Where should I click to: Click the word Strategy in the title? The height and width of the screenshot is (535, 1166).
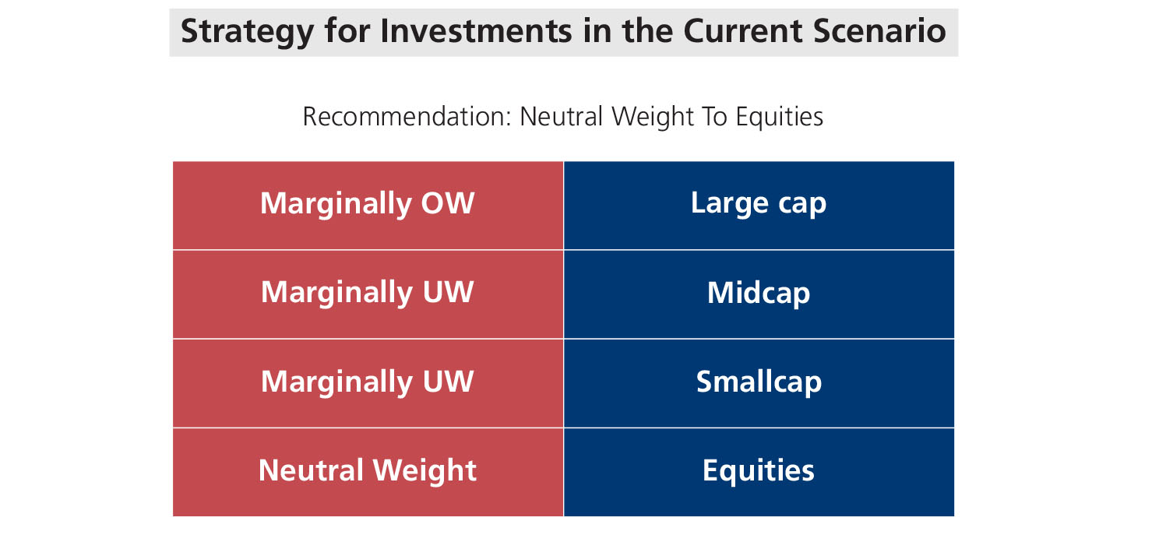click(x=247, y=32)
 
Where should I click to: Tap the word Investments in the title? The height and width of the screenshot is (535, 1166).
click(x=476, y=30)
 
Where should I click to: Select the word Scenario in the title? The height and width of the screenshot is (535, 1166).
click(x=879, y=30)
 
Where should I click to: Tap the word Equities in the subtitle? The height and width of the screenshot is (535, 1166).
click(x=779, y=117)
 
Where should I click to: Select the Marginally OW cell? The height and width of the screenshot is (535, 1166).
click(x=368, y=206)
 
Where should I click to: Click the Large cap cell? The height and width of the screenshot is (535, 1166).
click(x=759, y=206)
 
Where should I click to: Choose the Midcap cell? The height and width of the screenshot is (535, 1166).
click(x=759, y=294)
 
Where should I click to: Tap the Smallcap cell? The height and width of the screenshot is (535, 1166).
click(x=759, y=384)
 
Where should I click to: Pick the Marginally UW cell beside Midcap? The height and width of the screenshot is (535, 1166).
click(x=368, y=294)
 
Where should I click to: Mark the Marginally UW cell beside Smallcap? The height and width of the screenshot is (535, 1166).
click(x=368, y=384)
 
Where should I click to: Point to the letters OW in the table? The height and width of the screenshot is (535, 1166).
click(x=448, y=203)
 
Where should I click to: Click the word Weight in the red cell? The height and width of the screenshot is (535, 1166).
click(x=424, y=471)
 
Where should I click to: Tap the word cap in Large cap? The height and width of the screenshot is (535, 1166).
click(x=802, y=205)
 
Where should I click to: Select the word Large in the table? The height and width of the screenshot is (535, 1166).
click(x=730, y=204)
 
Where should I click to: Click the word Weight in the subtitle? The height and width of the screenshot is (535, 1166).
click(x=653, y=117)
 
